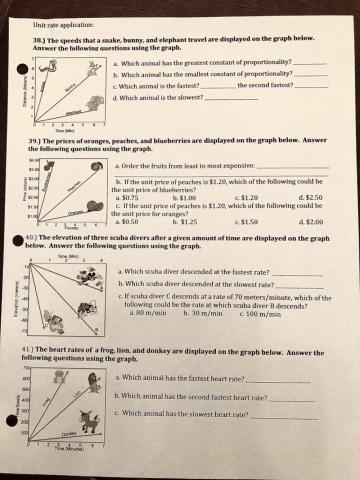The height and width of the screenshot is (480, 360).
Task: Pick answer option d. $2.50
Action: (310, 197)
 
